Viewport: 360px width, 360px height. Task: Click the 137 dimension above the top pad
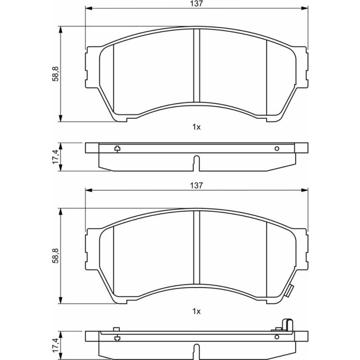tap(197, 4)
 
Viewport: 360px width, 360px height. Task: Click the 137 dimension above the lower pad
tap(197, 185)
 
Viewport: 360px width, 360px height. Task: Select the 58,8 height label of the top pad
tap(55, 74)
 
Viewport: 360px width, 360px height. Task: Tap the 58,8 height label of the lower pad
tap(55, 256)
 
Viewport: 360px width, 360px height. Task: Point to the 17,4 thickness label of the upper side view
tap(55, 157)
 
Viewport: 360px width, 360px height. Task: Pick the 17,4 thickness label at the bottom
tap(55, 345)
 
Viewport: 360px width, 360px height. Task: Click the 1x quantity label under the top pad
tap(196, 127)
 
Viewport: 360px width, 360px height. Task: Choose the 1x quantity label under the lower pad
tap(196, 311)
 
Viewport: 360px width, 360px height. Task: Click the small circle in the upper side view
tap(277, 149)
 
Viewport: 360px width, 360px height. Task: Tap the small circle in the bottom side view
tap(277, 337)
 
